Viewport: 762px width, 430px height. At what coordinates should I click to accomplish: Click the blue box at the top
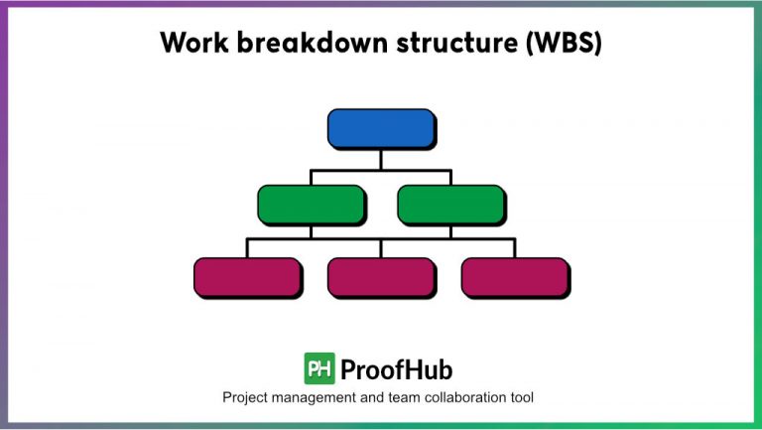(381, 129)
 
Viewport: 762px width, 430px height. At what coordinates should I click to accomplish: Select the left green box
(311, 204)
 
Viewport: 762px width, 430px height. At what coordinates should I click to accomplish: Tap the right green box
(450, 204)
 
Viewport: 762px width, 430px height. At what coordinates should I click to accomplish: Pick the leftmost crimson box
(247, 277)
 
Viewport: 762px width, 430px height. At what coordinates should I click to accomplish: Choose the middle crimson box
(381, 277)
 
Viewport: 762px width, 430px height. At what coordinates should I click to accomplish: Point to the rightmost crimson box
(515, 277)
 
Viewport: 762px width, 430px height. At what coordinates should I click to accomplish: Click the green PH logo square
(318, 369)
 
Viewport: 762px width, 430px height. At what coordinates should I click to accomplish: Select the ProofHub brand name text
(396, 370)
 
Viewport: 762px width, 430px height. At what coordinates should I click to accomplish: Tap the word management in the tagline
(322, 398)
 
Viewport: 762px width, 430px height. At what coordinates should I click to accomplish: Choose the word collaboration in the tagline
(468, 398)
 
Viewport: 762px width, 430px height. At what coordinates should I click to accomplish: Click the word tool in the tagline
(523, 398)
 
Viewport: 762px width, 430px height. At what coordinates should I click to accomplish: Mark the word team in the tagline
(408, 398)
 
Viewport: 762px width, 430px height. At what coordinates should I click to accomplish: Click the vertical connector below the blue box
(381, 160)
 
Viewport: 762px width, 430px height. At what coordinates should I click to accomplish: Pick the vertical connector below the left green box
(311, 230)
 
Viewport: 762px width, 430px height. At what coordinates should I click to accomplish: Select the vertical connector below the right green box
(450, 230)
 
